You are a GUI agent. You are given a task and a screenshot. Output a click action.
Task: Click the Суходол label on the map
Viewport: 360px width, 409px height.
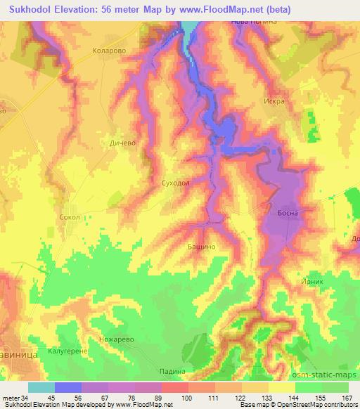coord(175,182)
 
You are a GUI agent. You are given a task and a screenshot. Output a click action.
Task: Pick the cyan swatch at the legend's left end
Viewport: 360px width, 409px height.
coord(41,387)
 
